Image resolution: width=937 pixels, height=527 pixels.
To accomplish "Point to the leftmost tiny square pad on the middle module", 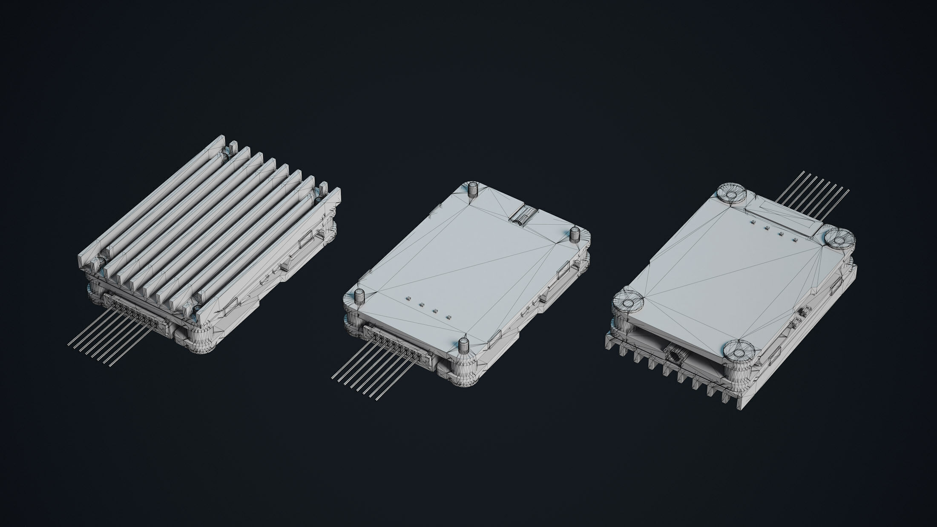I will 407,298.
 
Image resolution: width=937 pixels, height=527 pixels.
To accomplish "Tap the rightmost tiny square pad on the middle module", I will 448,317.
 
